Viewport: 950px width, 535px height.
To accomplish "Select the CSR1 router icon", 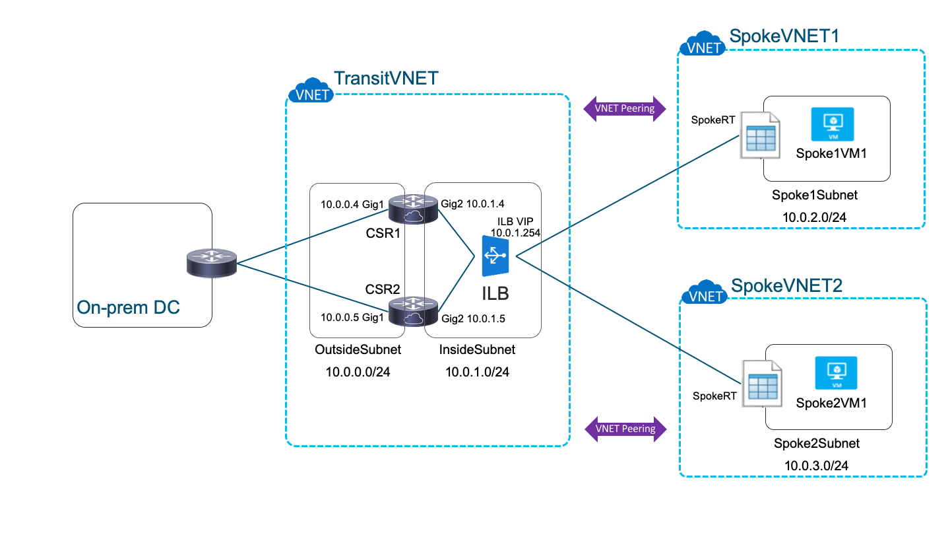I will [413, 209].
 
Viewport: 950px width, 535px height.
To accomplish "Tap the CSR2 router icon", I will [413, 312].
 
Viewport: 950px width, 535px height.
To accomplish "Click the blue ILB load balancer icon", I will [495, 258].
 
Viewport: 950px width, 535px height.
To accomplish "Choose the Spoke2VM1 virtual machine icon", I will [836, 374].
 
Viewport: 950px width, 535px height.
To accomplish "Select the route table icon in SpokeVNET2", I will [761, 383].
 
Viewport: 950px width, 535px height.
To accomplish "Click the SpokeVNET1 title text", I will [784, 36].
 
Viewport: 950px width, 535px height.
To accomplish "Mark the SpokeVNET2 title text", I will [786, 285].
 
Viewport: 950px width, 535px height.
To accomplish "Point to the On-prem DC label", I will [128, 307].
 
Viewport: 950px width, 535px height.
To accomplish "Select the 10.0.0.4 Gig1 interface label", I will [352, 203].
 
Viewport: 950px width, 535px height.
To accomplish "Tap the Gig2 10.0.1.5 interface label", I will [472, 318].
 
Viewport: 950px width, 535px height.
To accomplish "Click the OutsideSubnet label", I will [358, 349].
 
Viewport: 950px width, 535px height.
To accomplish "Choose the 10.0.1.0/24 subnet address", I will [477, 372].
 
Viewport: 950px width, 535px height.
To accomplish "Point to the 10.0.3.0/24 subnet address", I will [816, 465].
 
